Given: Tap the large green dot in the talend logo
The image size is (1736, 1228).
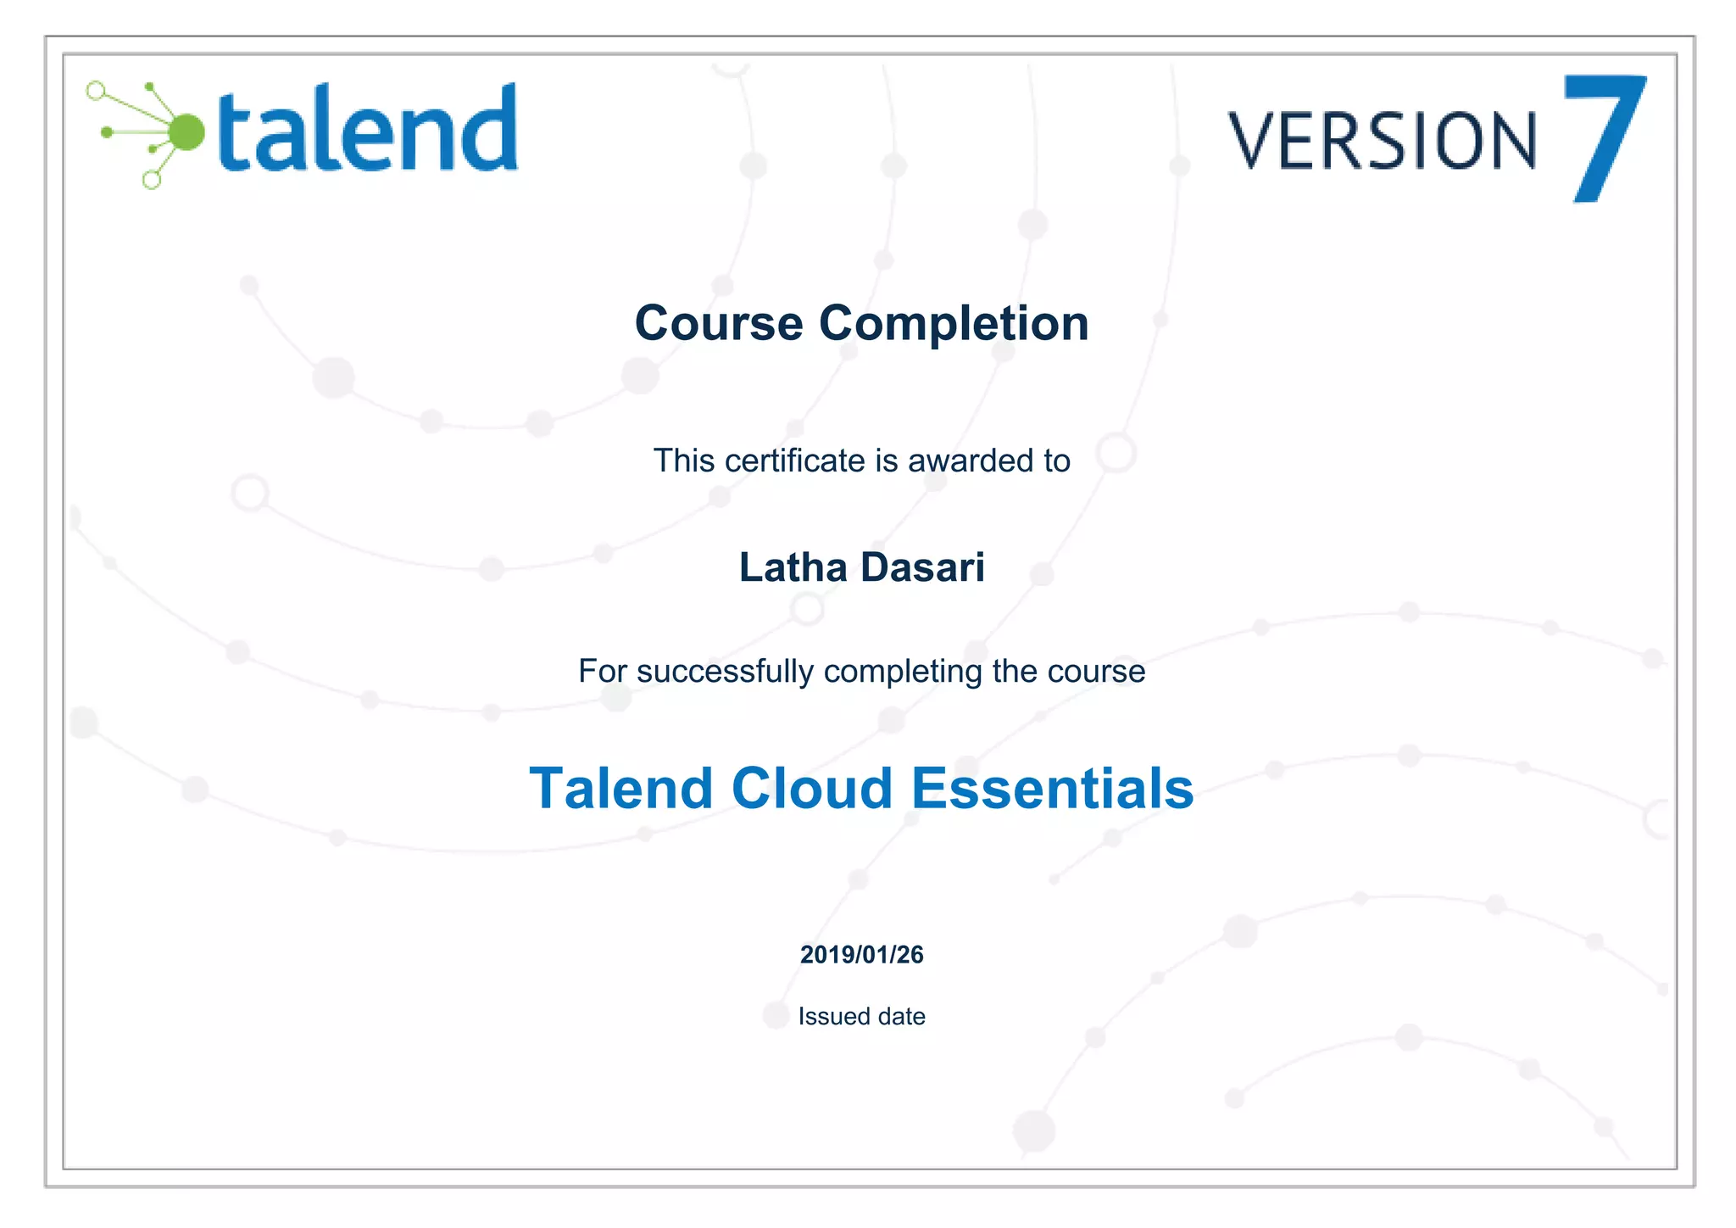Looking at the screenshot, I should [186, 132].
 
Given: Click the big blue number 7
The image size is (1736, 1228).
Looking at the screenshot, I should [1604, 138].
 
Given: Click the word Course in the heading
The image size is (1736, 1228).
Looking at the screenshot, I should [719, 323].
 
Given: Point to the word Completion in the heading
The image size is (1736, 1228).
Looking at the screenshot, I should [954, 323].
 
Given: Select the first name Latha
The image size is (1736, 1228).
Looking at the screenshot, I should [793, 567].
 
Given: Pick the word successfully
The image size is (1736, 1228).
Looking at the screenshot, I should [725, 671].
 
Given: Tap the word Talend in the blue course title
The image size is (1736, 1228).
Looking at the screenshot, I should [620, 789].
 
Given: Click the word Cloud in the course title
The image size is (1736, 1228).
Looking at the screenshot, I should [812, 789].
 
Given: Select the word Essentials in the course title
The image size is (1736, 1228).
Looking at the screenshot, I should [1052, 789].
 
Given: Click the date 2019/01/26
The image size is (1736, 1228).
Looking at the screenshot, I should [861, 955].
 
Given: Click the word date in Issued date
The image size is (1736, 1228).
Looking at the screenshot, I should [901, 1016].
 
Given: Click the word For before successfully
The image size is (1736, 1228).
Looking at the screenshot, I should [603, 671].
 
